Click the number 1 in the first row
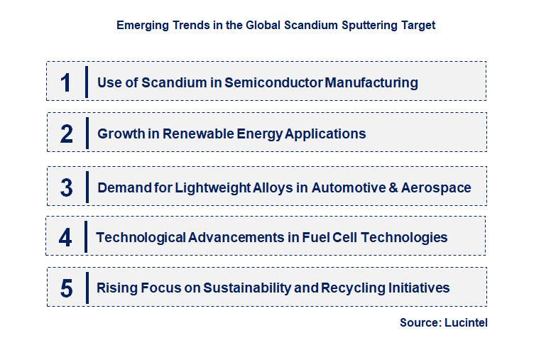(x=66, y=82)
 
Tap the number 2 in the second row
(x=67, y=133)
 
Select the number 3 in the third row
(x=67, y=188)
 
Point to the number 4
(x=65, y=237)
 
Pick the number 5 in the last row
(x=67, y=288)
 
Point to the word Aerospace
(x=436, y=188)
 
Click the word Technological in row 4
(x=141, y=237)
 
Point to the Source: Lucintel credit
(x=443, y=323)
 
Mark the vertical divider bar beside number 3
(x=87, y=187)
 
